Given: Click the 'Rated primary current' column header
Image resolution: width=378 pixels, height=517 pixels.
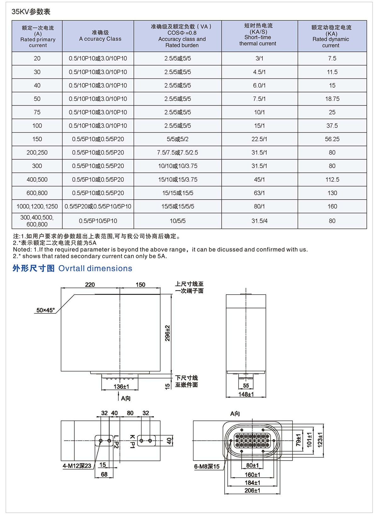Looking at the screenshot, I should click(37, 37).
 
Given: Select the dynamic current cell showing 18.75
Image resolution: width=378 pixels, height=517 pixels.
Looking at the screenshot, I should click(332, 99).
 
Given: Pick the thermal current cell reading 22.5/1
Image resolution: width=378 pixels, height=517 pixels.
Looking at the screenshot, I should click(259, 139).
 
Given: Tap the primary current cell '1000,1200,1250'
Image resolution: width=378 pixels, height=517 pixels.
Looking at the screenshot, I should click(37, 206).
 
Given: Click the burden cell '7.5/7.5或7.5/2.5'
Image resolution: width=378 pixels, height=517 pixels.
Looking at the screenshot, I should click(178, 153).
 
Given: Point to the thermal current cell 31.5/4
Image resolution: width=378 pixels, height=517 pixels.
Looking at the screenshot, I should click(259, 221).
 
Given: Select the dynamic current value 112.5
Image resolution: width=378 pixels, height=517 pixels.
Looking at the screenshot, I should click(332, 180).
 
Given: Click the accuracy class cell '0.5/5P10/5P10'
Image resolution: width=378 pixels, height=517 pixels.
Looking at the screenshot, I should click(98, 221).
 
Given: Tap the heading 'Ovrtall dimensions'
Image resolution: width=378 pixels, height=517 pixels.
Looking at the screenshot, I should click(95, 268).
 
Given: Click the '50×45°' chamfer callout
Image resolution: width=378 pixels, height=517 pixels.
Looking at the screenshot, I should click(45, 310).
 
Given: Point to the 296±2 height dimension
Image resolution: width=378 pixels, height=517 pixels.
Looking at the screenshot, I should click(168, 333).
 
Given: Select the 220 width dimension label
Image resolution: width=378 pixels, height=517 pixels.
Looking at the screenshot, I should click(90, 285).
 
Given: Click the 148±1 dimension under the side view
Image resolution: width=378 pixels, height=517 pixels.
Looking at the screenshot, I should click(246, 394).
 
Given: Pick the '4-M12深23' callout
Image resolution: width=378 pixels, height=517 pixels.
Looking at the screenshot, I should click(77, 466).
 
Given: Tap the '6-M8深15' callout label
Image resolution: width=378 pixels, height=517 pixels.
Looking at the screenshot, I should click(207, 466).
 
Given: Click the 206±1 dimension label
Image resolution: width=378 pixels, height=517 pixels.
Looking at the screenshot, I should click(252, 491).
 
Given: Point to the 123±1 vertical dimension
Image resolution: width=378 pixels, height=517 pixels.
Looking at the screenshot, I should click(320, 440).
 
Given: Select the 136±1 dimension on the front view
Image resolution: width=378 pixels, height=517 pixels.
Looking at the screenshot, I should click(121, 386).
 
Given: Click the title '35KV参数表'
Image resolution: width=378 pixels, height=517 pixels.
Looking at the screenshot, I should click(31, 12).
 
